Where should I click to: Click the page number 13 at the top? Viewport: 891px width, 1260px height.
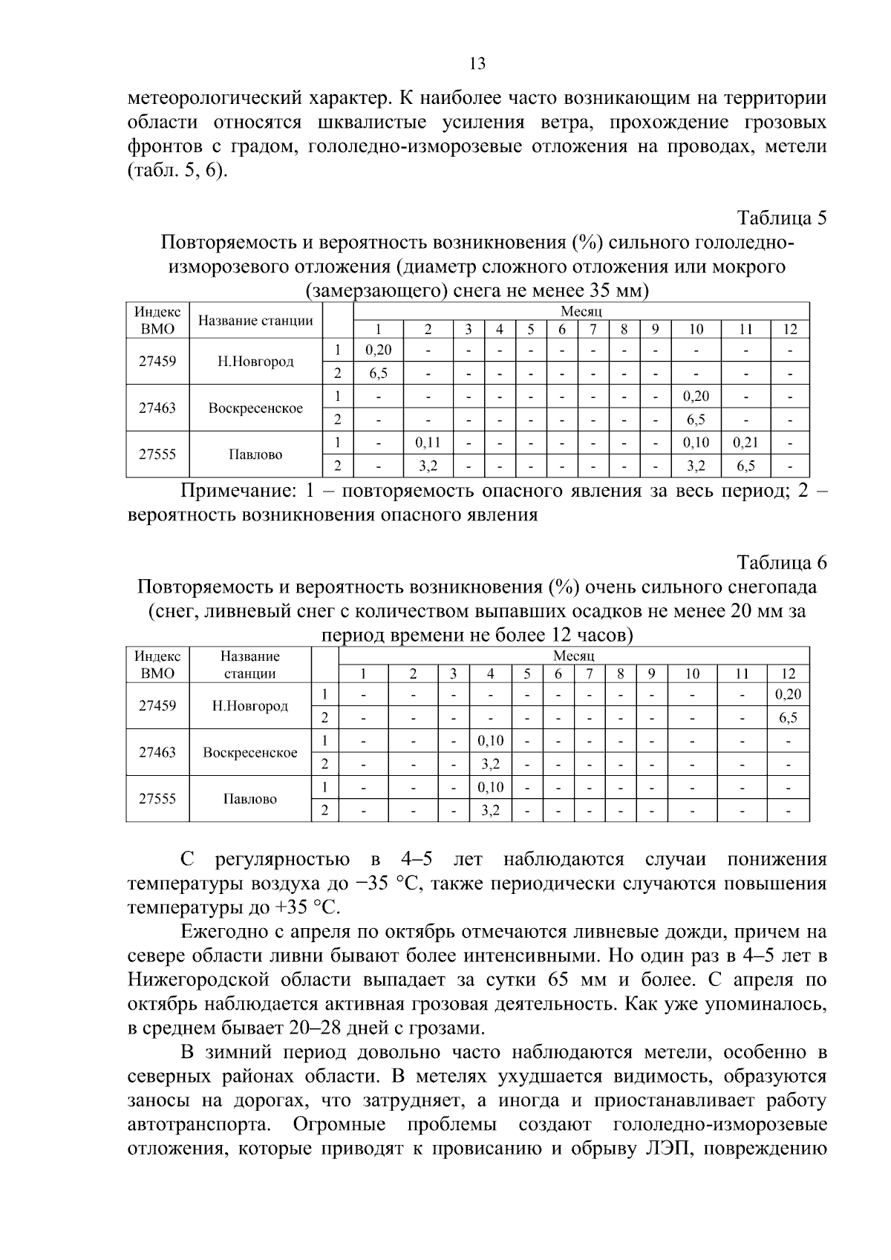(478, 63)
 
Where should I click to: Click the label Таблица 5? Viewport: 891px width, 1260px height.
(781, 218)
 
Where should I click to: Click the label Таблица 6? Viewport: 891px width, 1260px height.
(781, 562)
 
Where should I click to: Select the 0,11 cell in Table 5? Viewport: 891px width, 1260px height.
(428, 443)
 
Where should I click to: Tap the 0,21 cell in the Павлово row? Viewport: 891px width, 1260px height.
(745, 443)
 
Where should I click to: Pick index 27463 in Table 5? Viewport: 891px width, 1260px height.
(157, 408)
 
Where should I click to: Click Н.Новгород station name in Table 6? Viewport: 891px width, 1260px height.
(250, 706)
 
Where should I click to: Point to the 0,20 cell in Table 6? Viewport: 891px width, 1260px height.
(788, 695)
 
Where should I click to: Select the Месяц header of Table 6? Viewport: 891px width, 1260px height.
(573, 656)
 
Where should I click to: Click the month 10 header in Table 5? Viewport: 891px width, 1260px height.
(696, 330)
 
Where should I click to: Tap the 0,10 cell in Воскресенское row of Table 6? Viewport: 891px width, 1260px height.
(490, 741)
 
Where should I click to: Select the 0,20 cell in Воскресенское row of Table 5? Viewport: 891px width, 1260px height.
(696, 396)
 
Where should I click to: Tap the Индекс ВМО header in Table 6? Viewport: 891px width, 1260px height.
(157, 665)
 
